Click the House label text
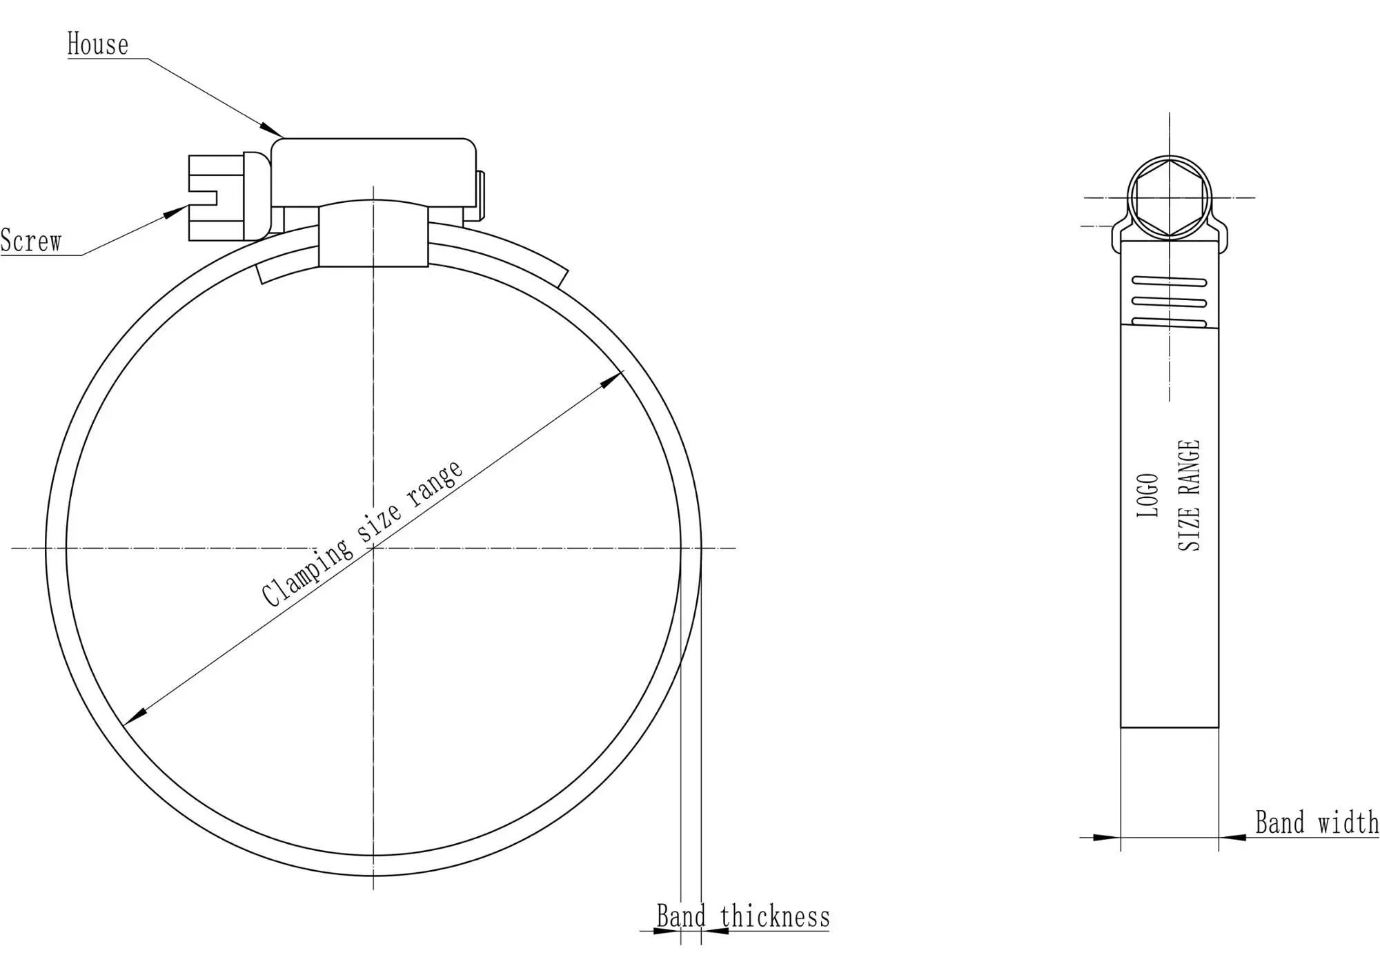pos(97,45)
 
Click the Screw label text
pos(31,242)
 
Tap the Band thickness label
pos(743,917)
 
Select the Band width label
pos(1317,823)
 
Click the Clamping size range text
pos(362,533)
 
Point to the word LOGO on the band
pos(1147,495)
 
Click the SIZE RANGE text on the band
pos(1189,495)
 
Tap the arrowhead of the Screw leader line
pos(177,211)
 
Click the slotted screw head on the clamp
pos(217,198)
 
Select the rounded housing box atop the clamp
pos(373,171)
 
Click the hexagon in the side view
pos(1170,197)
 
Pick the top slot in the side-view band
pos(1170,282)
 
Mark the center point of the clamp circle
pos(373,548)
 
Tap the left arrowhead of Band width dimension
pos(1108,838)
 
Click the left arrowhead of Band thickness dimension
pos(667,932)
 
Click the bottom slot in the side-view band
pos(1170,322)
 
